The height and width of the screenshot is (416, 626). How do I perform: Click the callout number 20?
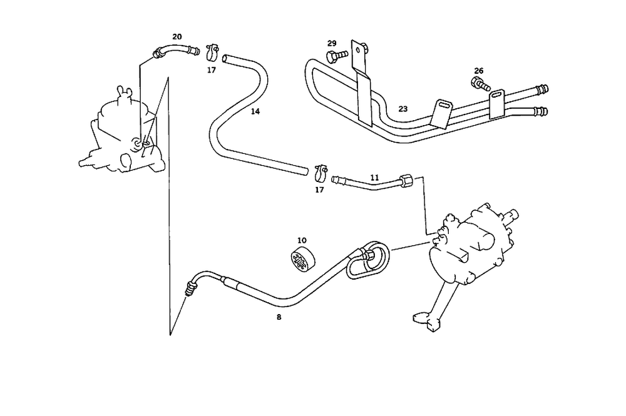click(177, 36)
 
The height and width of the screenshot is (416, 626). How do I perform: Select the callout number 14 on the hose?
click(255, 111)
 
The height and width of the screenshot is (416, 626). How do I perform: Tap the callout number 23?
click(403, 109)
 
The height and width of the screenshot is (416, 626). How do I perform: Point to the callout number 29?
click(332, 43)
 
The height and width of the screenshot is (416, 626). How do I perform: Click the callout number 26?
click(479, 71)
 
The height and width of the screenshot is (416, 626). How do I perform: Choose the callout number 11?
click(374, 178)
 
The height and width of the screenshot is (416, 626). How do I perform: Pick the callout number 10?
click(302, 240)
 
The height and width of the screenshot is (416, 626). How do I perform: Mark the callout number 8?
click(279, 317)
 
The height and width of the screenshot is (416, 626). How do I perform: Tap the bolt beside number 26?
click(480, 83)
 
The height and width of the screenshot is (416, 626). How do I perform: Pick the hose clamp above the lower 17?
click(321, 170)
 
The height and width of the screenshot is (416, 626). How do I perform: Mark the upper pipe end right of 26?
click(539, 90)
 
